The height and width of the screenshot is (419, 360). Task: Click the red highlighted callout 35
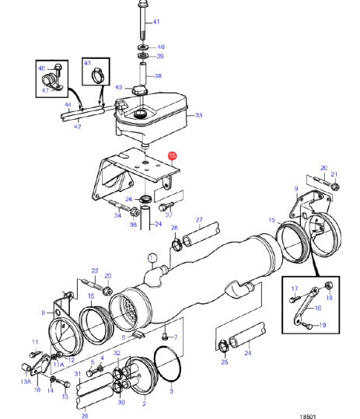[x=172, y=155]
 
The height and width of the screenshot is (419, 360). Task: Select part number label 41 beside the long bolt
[x=156, y=22]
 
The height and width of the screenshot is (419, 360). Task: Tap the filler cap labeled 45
[x=139, y=90]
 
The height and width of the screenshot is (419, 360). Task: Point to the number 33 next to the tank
[x=198, y=115]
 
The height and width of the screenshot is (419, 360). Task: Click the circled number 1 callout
[x=152, y=258]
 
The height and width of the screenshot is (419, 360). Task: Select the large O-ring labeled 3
[x=167, y=364]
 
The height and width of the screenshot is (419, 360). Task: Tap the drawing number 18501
[x=308, y=417]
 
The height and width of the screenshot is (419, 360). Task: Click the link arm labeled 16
[x=306, y=306]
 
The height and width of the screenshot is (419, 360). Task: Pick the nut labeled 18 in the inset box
[x=329, y=285]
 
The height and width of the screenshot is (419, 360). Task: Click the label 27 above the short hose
[x=199, y=219]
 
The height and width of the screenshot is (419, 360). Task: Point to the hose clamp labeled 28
[x=177, y=245]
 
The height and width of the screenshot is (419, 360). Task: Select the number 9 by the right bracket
[x=296, y=188]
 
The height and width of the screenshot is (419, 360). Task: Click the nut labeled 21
[x=335, y=187]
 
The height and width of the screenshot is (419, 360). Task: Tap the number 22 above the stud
[x=95, y=271]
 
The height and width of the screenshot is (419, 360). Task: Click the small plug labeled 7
[x=165, y=337]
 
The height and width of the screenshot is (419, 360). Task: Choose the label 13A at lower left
[x=26, y=382]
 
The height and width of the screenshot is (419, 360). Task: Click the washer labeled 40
[x=144, y=47]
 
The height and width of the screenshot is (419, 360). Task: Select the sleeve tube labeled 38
[x=143, y=74]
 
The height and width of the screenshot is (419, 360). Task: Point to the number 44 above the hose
[x=68, y=105]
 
